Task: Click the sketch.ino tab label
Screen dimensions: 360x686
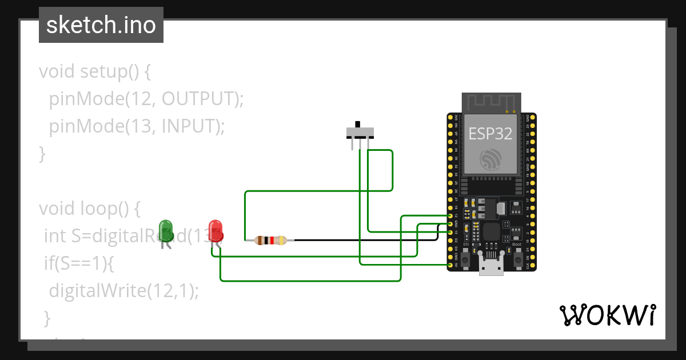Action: click(x=101, y=25)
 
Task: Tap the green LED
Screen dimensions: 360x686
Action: click(x=166, y=230)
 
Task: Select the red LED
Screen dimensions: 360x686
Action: click(x=216, y=230)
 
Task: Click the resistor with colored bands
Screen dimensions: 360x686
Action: click(x=270, y=241)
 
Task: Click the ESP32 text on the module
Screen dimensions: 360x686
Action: click(x=490, y=134)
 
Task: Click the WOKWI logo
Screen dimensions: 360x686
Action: click(x=607, y=315)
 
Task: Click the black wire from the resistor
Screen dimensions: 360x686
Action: click(x=366, y=241)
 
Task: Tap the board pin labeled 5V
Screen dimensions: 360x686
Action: click(x=451, y=266)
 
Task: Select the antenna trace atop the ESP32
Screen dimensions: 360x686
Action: click(x=490, y=103)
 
